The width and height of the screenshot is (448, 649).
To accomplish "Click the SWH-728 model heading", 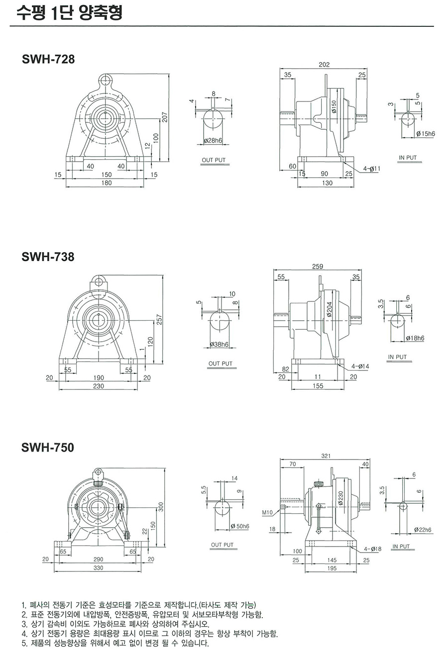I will pyautogui.click(x=48, y=60).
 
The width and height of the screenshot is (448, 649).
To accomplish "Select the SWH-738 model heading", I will pyautogui.click(x=48, y=257).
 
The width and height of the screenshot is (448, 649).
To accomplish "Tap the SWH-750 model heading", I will pyautogui.click(x=48, y=448).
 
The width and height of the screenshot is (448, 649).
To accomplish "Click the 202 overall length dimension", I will pyautogui.click(x=324, y=65).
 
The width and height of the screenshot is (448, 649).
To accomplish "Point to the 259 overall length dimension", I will pyautogui.click(x=318, y=267).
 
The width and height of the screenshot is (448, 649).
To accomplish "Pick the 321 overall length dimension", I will pyautogui.click(x=326, y=456).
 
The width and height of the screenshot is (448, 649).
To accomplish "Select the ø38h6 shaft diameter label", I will pyautogui.click(x=219, y=344).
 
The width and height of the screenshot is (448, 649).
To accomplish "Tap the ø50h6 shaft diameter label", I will pyautogui.click(x=240, y=526).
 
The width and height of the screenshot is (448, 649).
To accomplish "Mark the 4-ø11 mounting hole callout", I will pyautogui.click(x=371, y=169).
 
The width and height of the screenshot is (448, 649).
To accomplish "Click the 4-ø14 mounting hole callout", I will pyautogui.click(x=360, y=366).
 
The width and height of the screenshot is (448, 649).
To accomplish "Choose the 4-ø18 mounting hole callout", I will pyautogui.click(x=372, y=549).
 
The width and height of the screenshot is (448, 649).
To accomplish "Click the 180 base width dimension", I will pyautogui.click(x=107, y=183).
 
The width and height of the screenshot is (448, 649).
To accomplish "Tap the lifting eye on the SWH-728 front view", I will pyautogui.click(x=105, y=79).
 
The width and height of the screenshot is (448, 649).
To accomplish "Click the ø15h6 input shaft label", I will pyautogui.click(x=425, y=134).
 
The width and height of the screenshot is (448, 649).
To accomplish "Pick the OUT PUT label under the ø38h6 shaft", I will pyautogui.click(x=221, y=364).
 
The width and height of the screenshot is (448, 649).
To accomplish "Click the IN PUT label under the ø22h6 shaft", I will pyautogui.click(x=401, y=547).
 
